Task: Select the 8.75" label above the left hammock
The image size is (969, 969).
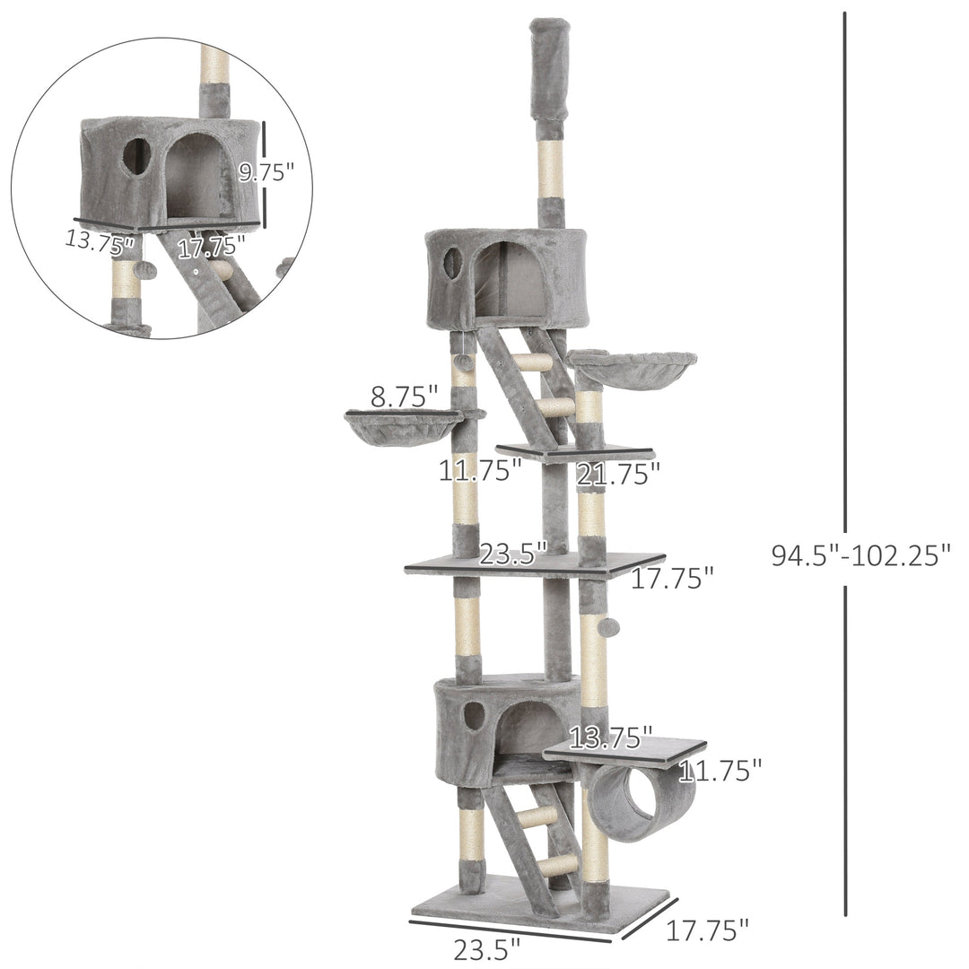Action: point(404,397)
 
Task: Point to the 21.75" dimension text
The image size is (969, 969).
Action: point(618,473)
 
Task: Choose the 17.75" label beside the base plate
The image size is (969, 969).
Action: point(707,930)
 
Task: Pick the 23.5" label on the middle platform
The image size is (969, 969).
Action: point(512,554)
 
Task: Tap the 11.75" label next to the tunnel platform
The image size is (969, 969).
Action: point(720,769)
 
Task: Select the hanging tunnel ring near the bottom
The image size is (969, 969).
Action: point(639,800)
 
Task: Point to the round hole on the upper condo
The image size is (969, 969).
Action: point(453,262)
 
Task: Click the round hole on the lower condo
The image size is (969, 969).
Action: point(474,715)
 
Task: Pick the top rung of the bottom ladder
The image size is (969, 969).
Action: point(538,817)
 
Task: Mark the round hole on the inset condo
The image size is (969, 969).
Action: point(136,156)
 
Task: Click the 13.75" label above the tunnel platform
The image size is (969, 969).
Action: point(610,738)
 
